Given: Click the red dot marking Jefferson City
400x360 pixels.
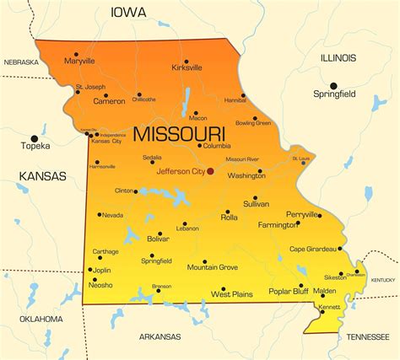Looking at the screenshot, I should coord(210,171).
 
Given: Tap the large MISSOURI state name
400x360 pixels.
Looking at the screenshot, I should coord(179,134).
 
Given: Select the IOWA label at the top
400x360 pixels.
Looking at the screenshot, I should coord(128,12).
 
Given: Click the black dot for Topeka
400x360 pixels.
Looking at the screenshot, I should coord(35,137).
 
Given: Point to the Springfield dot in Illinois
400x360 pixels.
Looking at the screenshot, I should coord(333,86).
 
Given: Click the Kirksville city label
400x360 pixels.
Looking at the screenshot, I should coord(186,67).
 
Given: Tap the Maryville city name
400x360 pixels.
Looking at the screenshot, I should coord(79,62).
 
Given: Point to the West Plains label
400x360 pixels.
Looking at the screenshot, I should coord(232,294).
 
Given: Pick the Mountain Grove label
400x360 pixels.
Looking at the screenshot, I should coord(212,267).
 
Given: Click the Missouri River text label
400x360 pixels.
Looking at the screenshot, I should coord(242,159).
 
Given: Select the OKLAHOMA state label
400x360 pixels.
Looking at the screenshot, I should coord(41,319).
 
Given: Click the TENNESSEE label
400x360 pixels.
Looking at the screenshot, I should coord(368,336).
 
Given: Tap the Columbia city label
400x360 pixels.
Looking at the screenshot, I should coord(217,145).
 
